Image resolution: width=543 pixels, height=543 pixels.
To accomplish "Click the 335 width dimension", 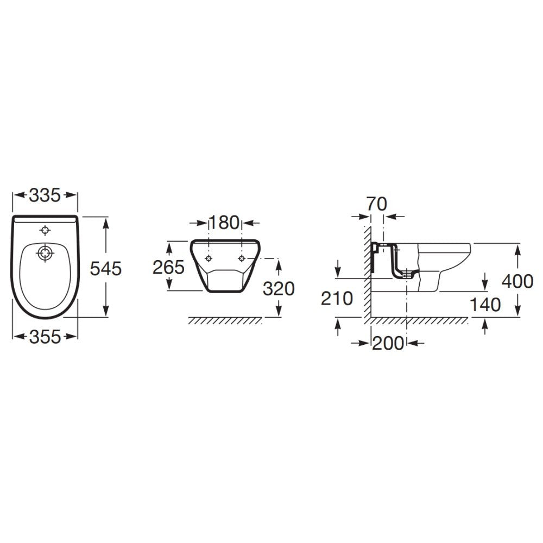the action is click(45, 195).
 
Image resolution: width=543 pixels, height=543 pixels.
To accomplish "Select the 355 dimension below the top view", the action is click(45, 337).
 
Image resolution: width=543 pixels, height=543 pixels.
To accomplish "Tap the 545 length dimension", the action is click(106, 269).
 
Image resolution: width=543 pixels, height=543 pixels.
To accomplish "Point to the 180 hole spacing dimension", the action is click(224, 223).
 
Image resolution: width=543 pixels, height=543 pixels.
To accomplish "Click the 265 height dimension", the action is click(169, 267).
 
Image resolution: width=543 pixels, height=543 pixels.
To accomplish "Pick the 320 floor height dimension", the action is click(279, 288).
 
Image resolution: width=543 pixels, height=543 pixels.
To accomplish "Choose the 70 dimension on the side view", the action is click(377, 204).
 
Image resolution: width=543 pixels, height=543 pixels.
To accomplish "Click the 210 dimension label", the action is click(337, 299).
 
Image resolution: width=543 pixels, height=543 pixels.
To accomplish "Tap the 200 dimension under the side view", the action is click(388, 343).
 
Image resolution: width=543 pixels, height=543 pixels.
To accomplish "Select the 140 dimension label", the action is click(485, 305).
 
